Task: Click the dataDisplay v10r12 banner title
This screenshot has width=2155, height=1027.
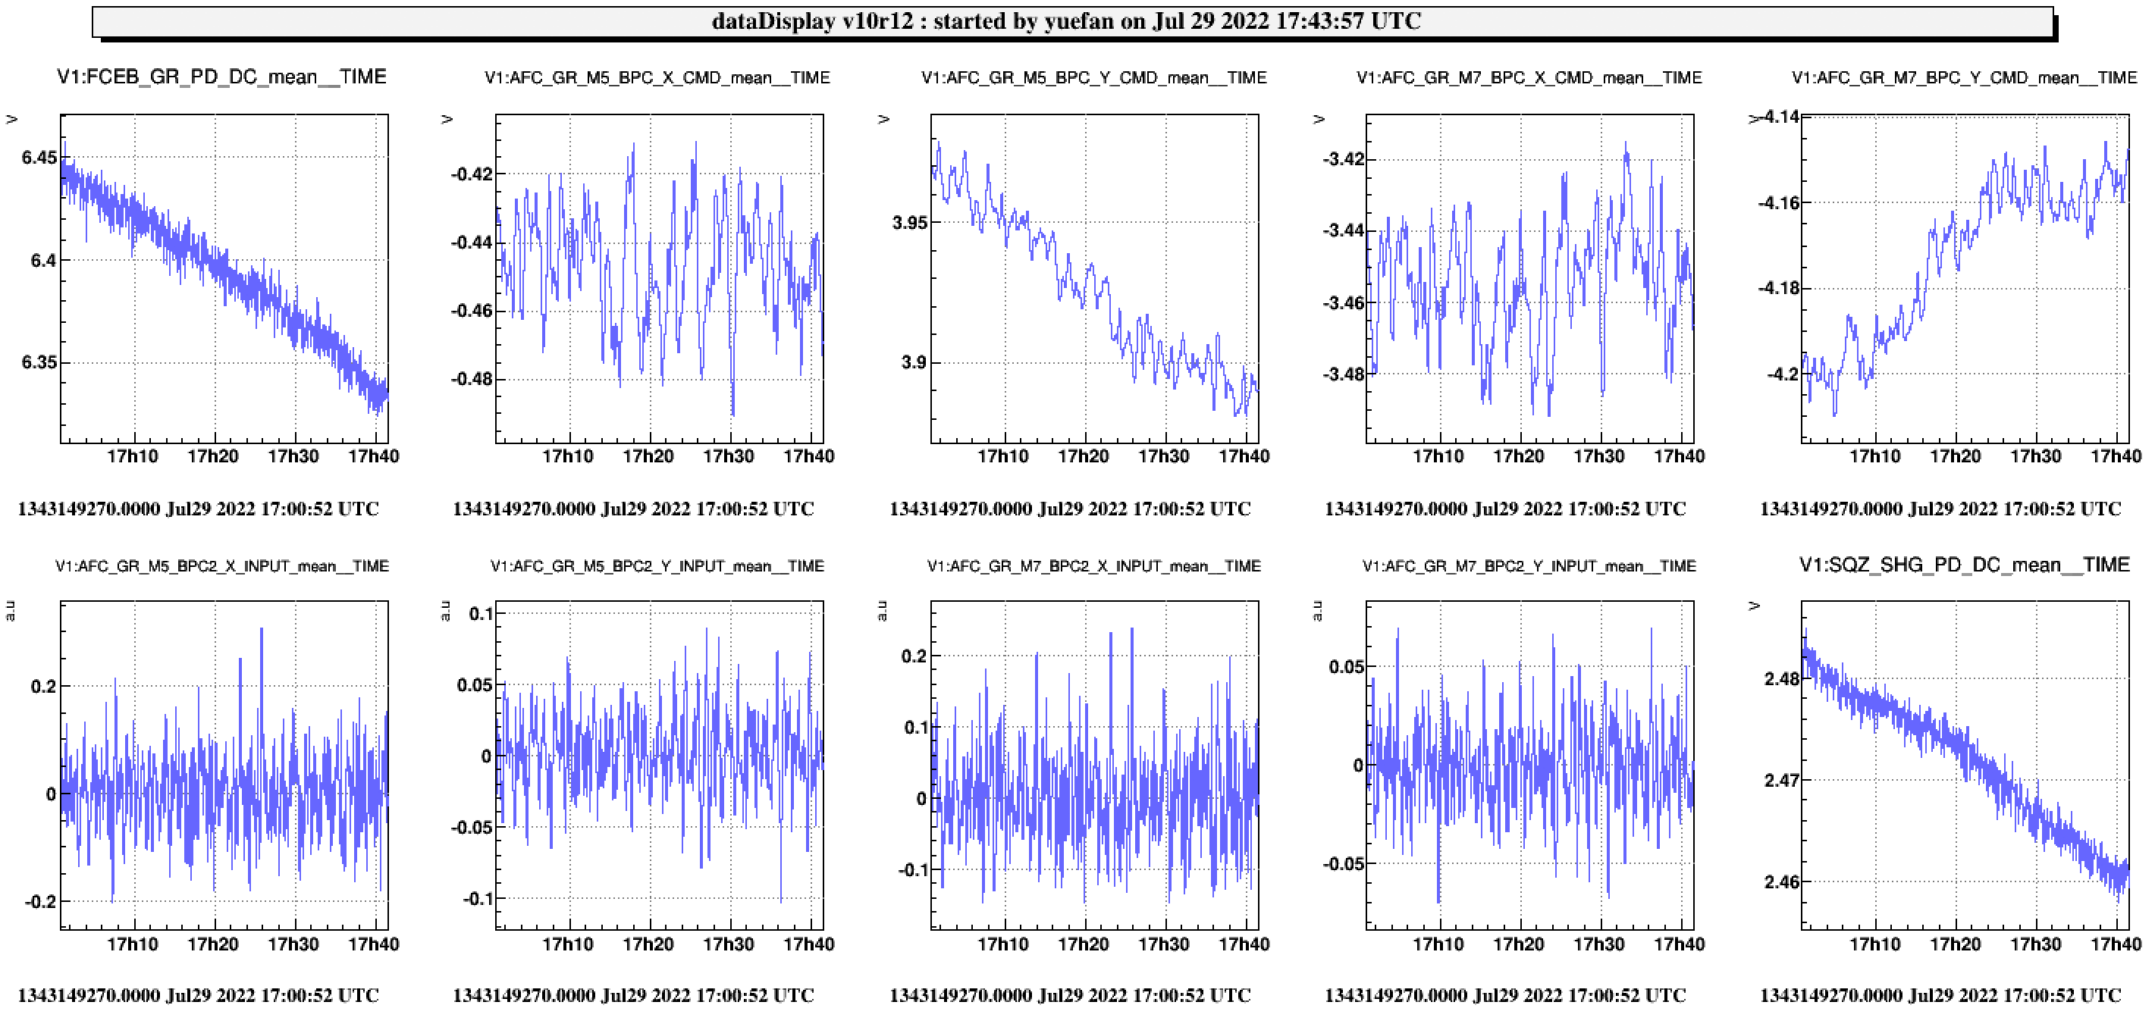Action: [1066, 21]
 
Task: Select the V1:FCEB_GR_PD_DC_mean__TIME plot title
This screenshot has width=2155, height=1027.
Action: [221, 77]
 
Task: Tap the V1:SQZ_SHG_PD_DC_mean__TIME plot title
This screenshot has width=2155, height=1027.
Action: [1964, 565]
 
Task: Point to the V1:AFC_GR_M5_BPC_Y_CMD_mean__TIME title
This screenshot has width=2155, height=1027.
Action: [1093, 78]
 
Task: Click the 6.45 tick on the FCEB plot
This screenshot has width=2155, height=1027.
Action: [39, 157]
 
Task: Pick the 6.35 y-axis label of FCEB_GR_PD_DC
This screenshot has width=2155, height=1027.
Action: [39, 362]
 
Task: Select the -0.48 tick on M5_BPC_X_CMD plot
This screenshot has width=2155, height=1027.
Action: [472, 379]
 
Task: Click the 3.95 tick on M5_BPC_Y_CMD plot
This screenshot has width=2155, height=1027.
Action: [909, 223]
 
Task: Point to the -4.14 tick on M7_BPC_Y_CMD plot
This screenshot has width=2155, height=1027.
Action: [1780, 117]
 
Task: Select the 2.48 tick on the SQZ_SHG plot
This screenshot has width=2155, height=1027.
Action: [1781, 678]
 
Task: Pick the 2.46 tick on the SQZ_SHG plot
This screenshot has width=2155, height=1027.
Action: [1781, 881]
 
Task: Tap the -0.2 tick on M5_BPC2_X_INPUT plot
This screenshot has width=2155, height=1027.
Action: [40, 901]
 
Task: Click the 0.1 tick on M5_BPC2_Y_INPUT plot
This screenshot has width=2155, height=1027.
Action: [481, 614]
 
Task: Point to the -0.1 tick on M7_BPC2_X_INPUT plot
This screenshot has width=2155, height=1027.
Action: [913, 870]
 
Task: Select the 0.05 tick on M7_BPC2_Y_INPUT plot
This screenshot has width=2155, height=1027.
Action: [1346, 666]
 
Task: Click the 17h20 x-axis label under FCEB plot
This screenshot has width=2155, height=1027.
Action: [212, 456]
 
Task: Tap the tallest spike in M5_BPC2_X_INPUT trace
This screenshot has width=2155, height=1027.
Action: [261, 630]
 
